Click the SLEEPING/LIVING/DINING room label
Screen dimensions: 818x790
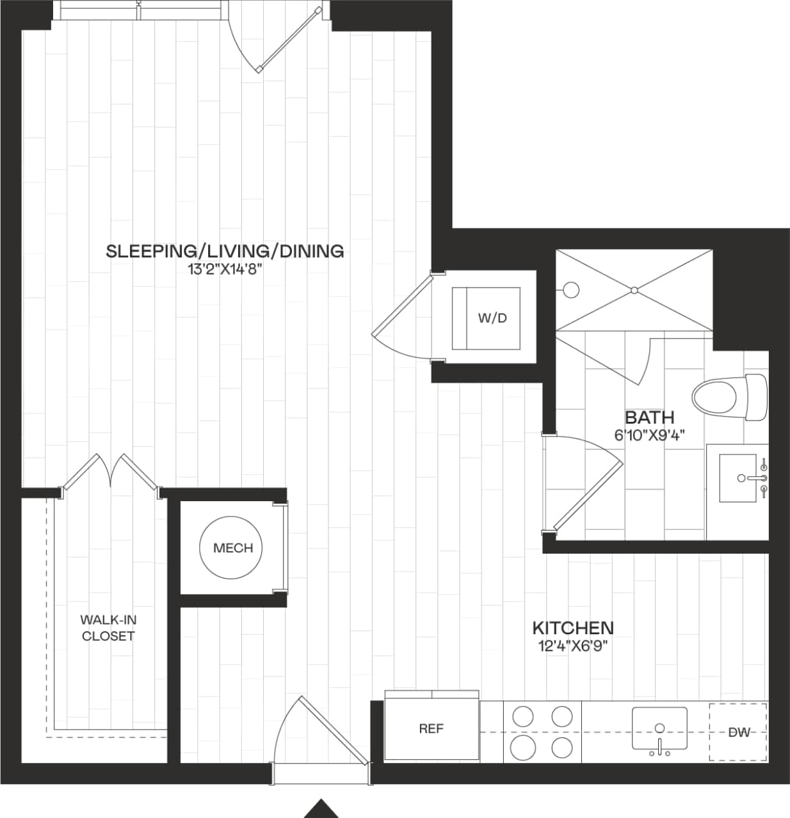225,251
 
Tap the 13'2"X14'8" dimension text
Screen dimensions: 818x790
225,270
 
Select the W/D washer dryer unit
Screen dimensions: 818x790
487,318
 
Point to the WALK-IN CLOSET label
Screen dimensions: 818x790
108,628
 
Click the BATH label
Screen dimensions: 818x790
649,418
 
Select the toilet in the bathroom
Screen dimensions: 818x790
730,397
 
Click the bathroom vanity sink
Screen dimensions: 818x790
738,478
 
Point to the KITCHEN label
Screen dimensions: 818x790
573,628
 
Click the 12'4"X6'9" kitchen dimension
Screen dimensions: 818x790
573,646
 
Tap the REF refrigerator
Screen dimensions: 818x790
431,728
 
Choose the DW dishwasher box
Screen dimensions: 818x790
738,732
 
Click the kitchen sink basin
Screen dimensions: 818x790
659,728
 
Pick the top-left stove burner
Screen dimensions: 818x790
523,716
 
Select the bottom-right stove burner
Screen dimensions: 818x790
562,747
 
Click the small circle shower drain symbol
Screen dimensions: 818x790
571,290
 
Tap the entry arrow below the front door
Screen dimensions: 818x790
321,809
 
